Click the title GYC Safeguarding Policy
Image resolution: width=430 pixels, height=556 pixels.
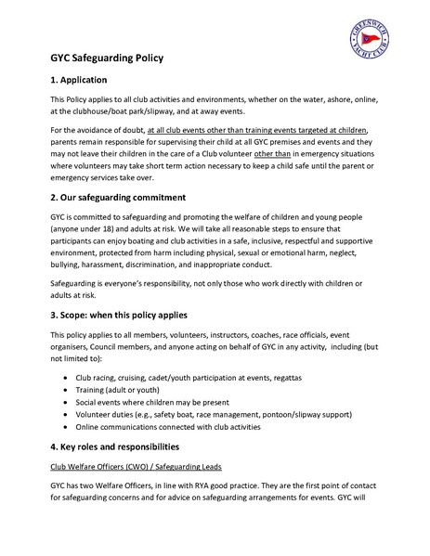click(x=107, y=58)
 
